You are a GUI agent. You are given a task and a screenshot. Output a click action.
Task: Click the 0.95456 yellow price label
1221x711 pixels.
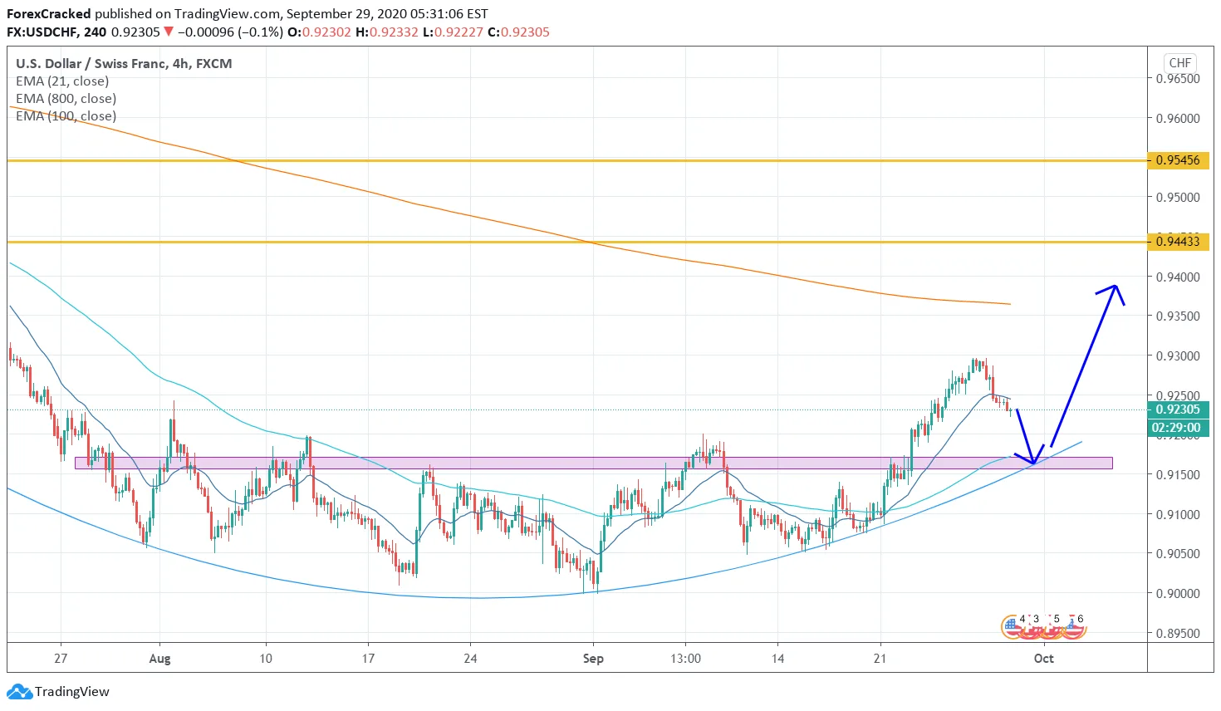(1178, 160)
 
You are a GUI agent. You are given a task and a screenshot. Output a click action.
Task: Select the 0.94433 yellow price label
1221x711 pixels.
(1178, 242)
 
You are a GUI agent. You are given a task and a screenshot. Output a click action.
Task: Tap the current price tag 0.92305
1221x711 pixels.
(1178, 409)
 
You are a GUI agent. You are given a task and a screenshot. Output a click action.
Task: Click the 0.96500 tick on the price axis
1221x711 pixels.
(1178, 79)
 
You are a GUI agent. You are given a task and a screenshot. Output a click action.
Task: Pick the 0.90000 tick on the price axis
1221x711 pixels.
(1178, 593)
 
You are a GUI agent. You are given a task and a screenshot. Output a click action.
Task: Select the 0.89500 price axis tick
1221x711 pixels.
(1178, 633)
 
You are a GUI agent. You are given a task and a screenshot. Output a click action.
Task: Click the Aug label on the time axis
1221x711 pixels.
(159, 659)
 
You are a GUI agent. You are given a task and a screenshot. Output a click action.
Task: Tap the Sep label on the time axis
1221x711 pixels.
(593, 659)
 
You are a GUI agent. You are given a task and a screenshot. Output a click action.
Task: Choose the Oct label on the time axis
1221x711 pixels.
(1043, 659)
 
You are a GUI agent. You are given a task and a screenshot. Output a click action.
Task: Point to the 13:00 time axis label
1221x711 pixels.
(685, 659)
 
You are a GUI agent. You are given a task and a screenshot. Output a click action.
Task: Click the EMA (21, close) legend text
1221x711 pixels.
(62, 81)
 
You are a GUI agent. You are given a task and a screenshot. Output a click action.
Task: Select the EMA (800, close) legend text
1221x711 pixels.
(66, 99)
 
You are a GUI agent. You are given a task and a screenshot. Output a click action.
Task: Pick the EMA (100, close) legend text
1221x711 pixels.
(66, 116)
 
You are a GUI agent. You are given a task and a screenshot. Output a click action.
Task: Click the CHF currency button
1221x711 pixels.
(1180, 63)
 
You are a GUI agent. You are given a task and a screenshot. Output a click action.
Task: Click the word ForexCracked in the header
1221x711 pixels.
(48, 14)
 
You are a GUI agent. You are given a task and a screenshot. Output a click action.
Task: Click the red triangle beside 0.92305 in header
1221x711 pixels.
(169, 32)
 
